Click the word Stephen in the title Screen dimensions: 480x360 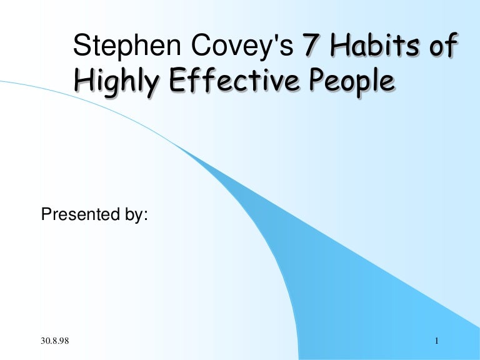tap(127, 46)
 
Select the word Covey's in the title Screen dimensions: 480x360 tap(242, 46)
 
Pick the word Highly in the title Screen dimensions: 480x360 tap(117, 81)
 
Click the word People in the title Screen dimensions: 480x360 tap(352, 81)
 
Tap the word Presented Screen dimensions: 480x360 tap(81, 214)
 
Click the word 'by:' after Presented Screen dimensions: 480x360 tap(136, 214)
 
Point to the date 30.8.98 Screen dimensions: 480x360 tap(55, 341)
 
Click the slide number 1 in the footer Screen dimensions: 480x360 tap(437, 341)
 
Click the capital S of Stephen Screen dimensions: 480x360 tap(81, 45)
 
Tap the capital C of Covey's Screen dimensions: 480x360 tap(201, 45)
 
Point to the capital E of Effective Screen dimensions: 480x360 tap(177, 79)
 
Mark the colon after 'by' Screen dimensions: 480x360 tap(146, 216)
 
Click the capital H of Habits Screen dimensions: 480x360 tap(341, 45)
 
